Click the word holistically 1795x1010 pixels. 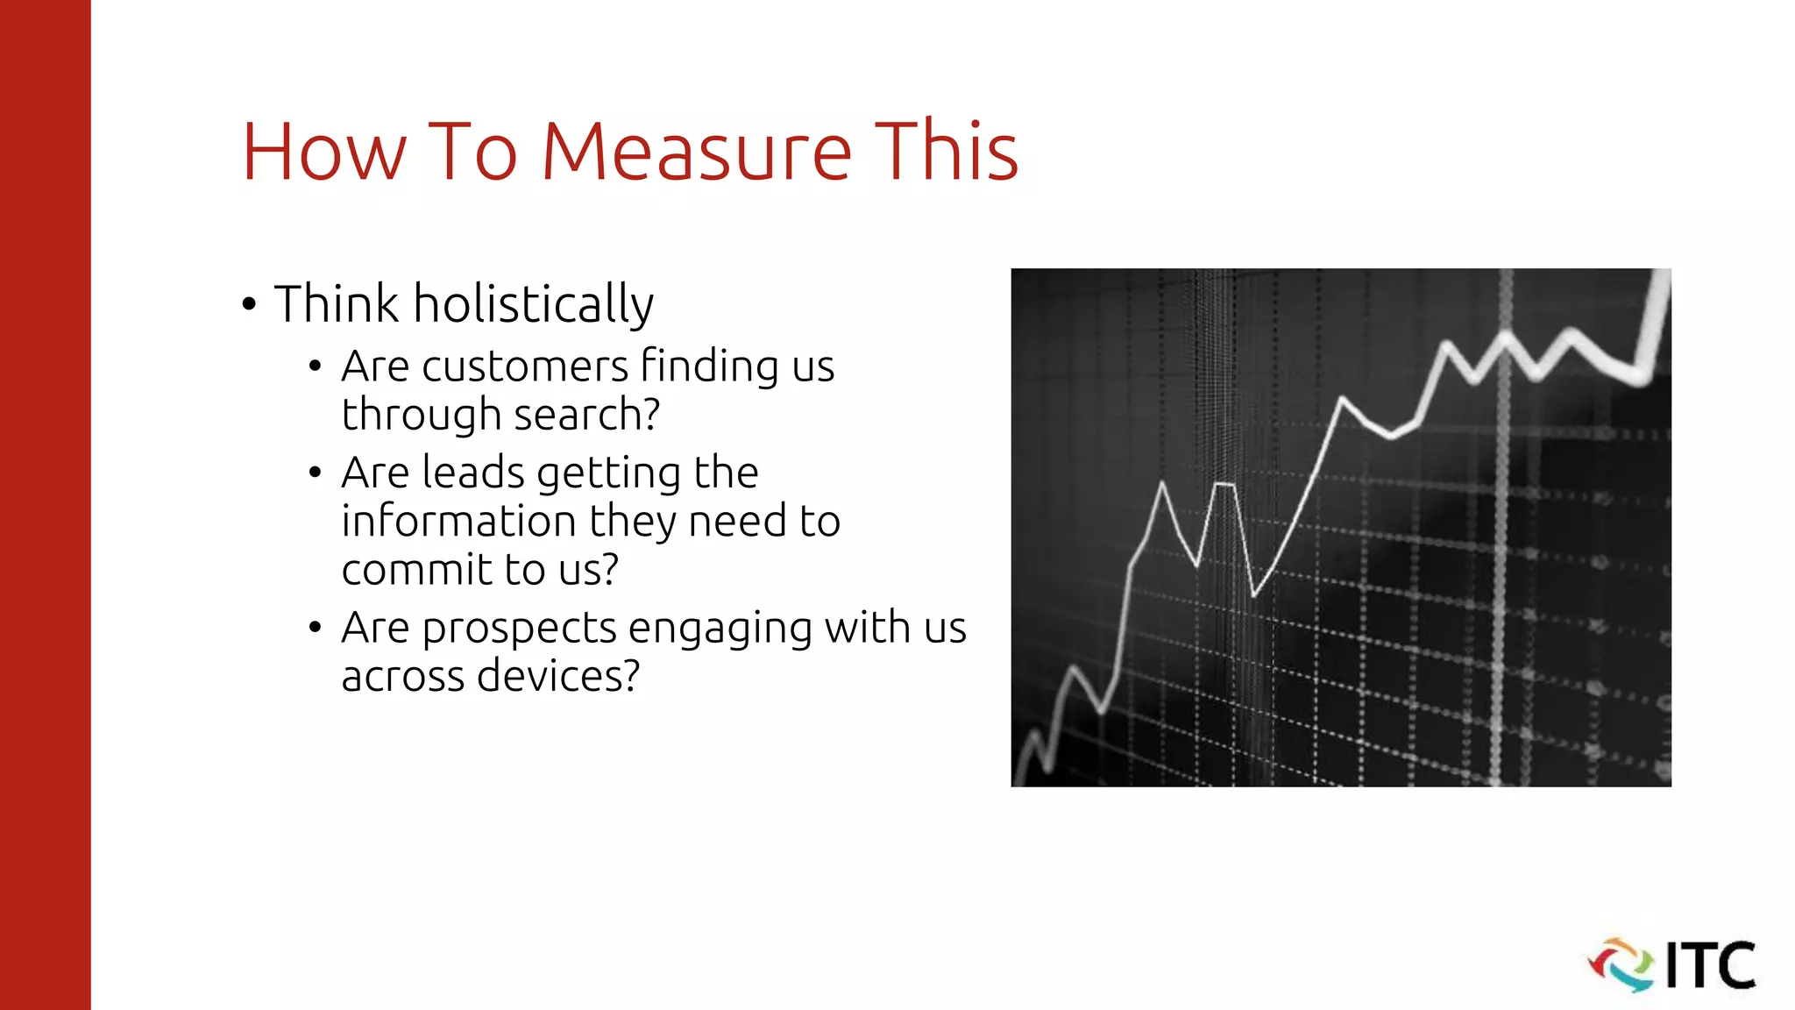(533, 304)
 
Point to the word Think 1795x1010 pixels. (337, 304)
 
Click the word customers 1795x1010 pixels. (525, 366)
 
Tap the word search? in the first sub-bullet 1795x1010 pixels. (586, 415)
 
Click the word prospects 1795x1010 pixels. (519, 629)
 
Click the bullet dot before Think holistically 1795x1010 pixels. (250, 305)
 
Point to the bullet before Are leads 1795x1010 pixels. (316, 473)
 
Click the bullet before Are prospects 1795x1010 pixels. (316, 628)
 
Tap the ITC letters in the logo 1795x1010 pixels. (1710, 965)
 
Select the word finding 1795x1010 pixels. (709, 366)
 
